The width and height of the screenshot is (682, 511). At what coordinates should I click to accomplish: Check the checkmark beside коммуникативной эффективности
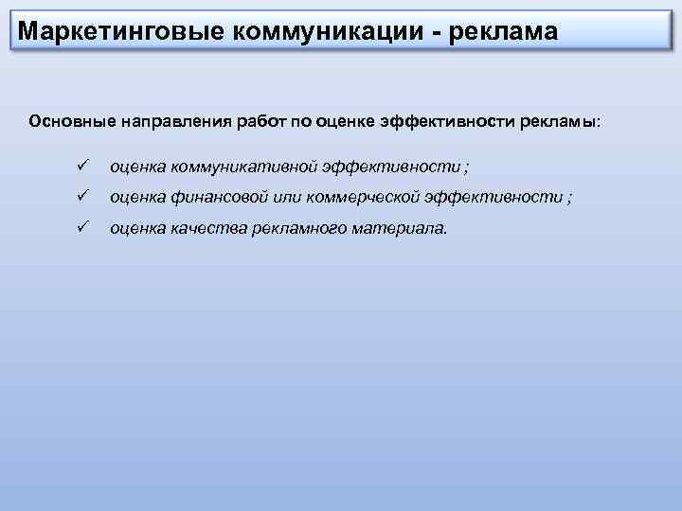[82, 167]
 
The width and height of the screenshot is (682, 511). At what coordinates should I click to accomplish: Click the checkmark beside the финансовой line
[82, 197]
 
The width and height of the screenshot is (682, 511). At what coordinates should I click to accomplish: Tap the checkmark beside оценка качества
[82, 227]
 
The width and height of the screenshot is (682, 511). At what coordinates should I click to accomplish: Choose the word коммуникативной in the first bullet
[243, 167]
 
